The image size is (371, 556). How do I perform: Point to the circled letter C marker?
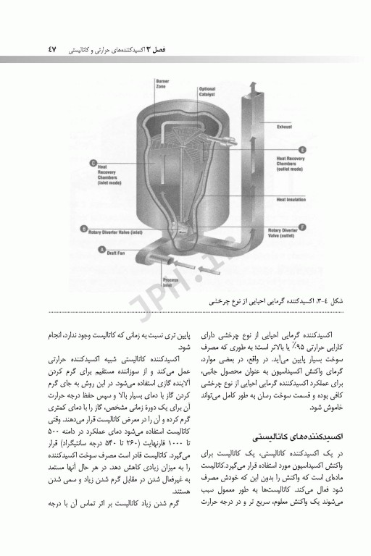click(x=93, y=163)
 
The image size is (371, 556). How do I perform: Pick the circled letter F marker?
click(x=302, y=225)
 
